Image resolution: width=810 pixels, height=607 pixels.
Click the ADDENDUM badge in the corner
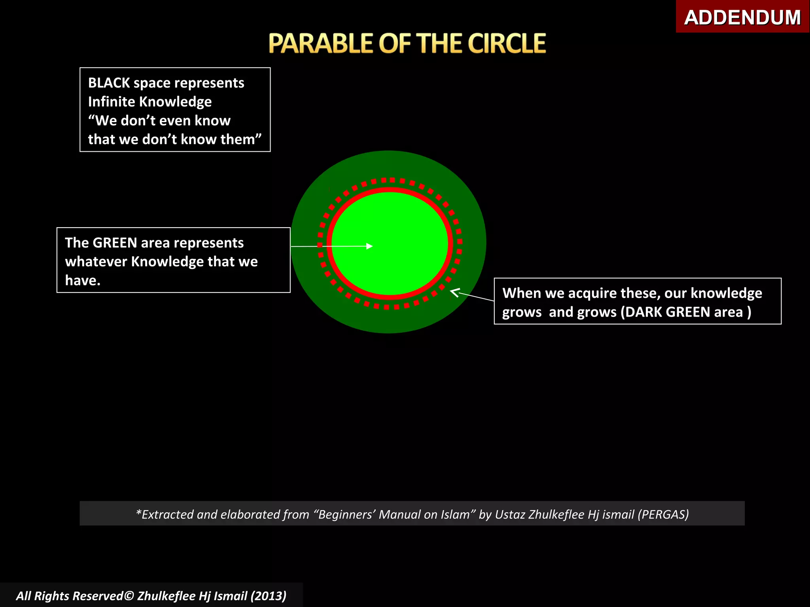click(x=742, y=17)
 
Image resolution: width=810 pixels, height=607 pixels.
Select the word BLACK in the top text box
click(x=109, y=83)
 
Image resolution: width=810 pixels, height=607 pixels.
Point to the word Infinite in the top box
click(x=112, y=102)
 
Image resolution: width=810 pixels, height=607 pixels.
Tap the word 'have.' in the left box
click(x=83, y=281)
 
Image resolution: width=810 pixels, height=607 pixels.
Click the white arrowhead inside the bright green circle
click(x=370, y=246)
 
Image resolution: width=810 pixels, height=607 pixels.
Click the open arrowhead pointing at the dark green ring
click(x=454, y=292)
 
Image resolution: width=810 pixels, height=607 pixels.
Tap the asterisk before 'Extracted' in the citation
click(x=138, y=513)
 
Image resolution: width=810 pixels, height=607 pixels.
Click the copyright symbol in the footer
click(x=129, y=596)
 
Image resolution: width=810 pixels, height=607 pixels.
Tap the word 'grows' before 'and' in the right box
click(x=522, y=312)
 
